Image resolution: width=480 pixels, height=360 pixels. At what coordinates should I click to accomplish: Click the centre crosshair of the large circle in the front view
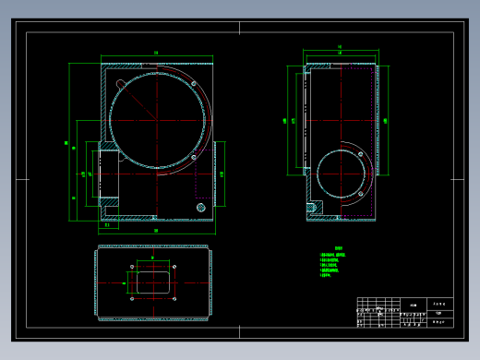158,120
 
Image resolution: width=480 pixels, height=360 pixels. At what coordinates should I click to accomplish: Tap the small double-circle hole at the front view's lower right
199,208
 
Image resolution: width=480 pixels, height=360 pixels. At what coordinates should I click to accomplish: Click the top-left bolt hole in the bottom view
134,268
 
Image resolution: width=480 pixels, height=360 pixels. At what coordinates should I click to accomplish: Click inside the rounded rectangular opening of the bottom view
154,282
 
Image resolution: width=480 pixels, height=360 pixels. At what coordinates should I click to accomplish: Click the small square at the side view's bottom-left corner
313,209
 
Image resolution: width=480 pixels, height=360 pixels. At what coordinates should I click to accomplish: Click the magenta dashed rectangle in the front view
204,175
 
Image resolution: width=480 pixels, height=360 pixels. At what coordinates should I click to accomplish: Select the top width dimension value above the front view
157,54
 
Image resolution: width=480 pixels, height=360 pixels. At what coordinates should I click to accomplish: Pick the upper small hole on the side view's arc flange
357,156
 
